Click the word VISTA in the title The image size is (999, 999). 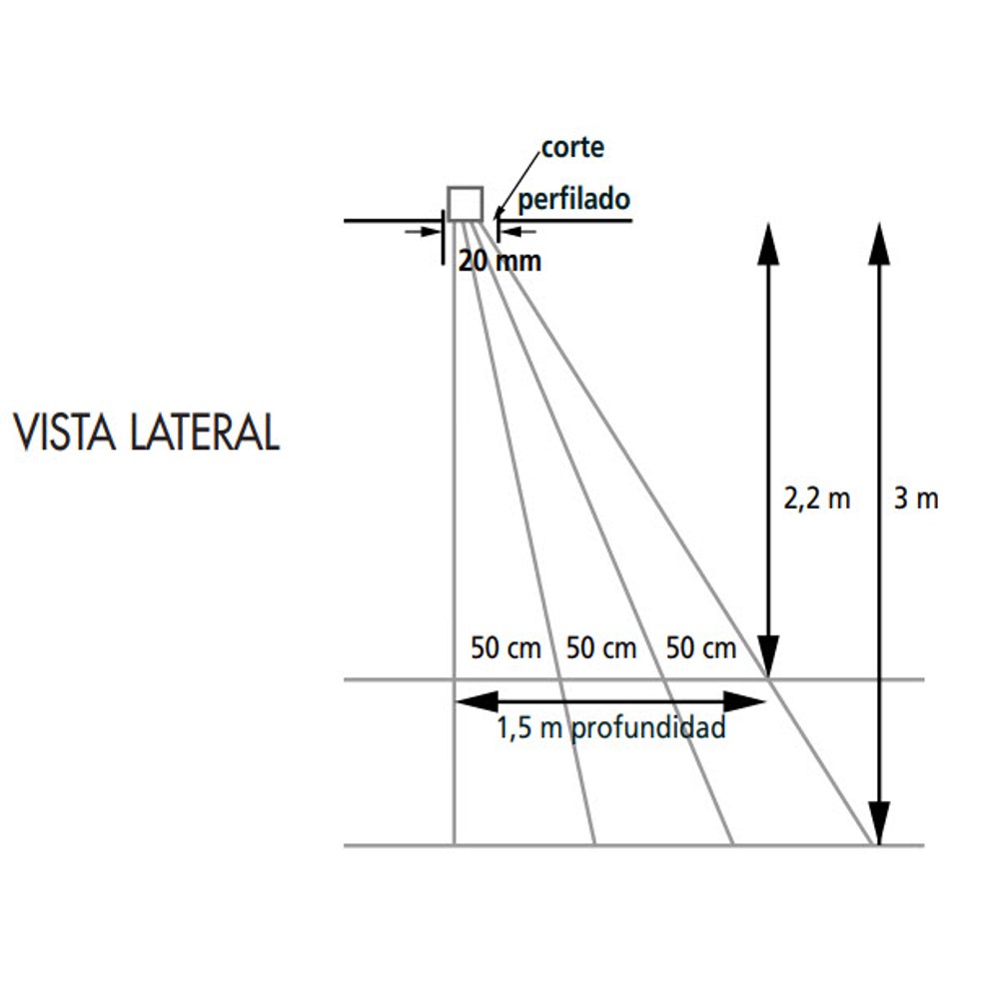coord(64,432)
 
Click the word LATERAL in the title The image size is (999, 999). coord(205,432)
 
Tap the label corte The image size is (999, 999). coord(572,148)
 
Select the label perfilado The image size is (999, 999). coord(574,200)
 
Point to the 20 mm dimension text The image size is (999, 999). coord(500,261)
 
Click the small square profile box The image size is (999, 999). coord(466,204)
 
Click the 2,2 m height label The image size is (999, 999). coord(817,499)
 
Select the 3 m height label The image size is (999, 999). coord(916,499)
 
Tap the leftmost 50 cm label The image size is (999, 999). coord(505,648)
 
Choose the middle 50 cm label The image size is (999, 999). coord(601,648)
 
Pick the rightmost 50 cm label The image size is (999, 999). coord(701,648)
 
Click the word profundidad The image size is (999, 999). coord(648,728)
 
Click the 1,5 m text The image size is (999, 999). coord(529,727)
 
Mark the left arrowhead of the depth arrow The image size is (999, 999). coord(478,702)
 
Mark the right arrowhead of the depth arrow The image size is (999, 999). coord(744,702)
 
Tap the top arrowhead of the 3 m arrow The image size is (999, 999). coord(879,244)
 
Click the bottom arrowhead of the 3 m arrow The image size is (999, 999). coord(879,824)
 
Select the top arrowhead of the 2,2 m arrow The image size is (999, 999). coord(768,244)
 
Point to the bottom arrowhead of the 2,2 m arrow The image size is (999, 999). coord(768,657)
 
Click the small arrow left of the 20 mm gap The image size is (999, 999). coord(423,232)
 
